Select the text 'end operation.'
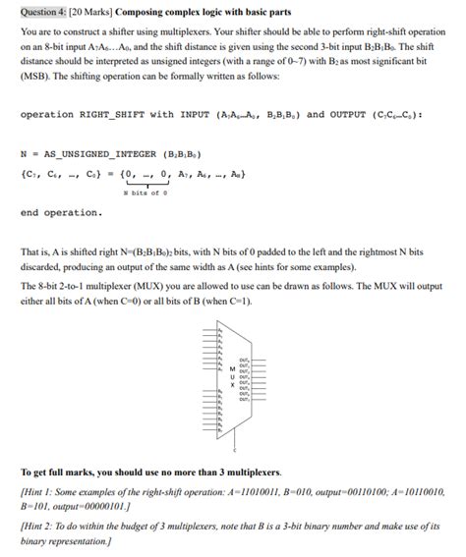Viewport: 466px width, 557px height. point(61,212)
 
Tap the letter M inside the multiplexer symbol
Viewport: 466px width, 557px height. point(233,369)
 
